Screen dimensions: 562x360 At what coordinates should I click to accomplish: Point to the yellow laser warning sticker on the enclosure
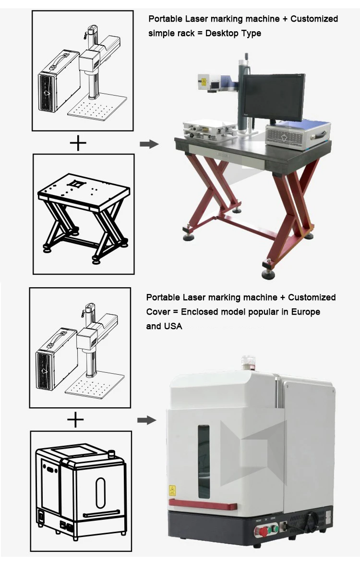tap(172, 491)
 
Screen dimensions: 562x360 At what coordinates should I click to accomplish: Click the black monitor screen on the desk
tap(271, 97)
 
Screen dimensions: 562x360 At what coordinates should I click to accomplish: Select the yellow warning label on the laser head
tap(204, 81)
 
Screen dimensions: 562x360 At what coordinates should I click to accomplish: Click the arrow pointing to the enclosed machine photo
tap(146, 420)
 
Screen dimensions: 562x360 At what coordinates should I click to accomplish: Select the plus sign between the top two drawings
tap(78, 143)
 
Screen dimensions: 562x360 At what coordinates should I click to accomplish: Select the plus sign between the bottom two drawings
tap(75, 420)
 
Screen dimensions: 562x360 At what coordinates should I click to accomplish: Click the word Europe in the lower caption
tap(305, 312)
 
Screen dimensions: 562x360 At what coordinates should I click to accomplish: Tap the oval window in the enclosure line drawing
tap(100, 492)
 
